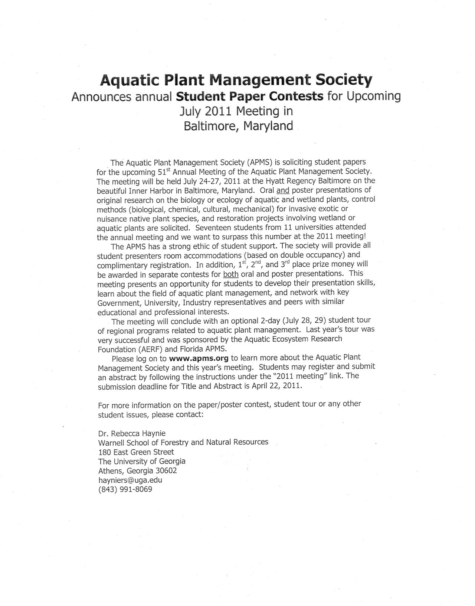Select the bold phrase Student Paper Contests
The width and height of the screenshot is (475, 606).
tap(250, 96)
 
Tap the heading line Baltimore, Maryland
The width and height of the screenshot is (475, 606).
tap(238, 126)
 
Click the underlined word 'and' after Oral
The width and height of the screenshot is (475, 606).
tap(283, 190)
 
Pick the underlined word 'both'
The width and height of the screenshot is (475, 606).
tap(230, 274)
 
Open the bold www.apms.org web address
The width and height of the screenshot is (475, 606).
tap(199, 358)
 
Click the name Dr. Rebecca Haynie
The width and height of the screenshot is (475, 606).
tap(132, 433)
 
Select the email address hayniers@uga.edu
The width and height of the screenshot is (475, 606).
tap(130, 480)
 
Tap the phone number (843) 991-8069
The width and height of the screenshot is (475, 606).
tap(125, 489)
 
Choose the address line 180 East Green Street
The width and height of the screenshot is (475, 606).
tap(136, 452)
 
